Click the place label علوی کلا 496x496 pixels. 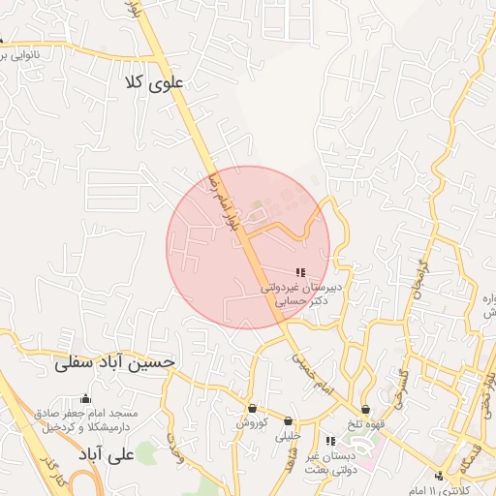(x=154, y=83)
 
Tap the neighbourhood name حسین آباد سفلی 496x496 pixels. (x=116, y=362)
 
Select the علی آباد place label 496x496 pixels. (x=108, y=452)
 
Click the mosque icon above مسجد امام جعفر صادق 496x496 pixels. (x=85, y=398)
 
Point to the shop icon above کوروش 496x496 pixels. (x=253, y=408)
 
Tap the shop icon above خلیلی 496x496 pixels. (x=288, y=420)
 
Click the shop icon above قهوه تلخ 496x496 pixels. (x=365, y=409)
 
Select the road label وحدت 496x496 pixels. (x=173, y=447)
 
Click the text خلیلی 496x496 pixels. (x=289, y=436)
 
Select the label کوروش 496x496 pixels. (x=252, y=423)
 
